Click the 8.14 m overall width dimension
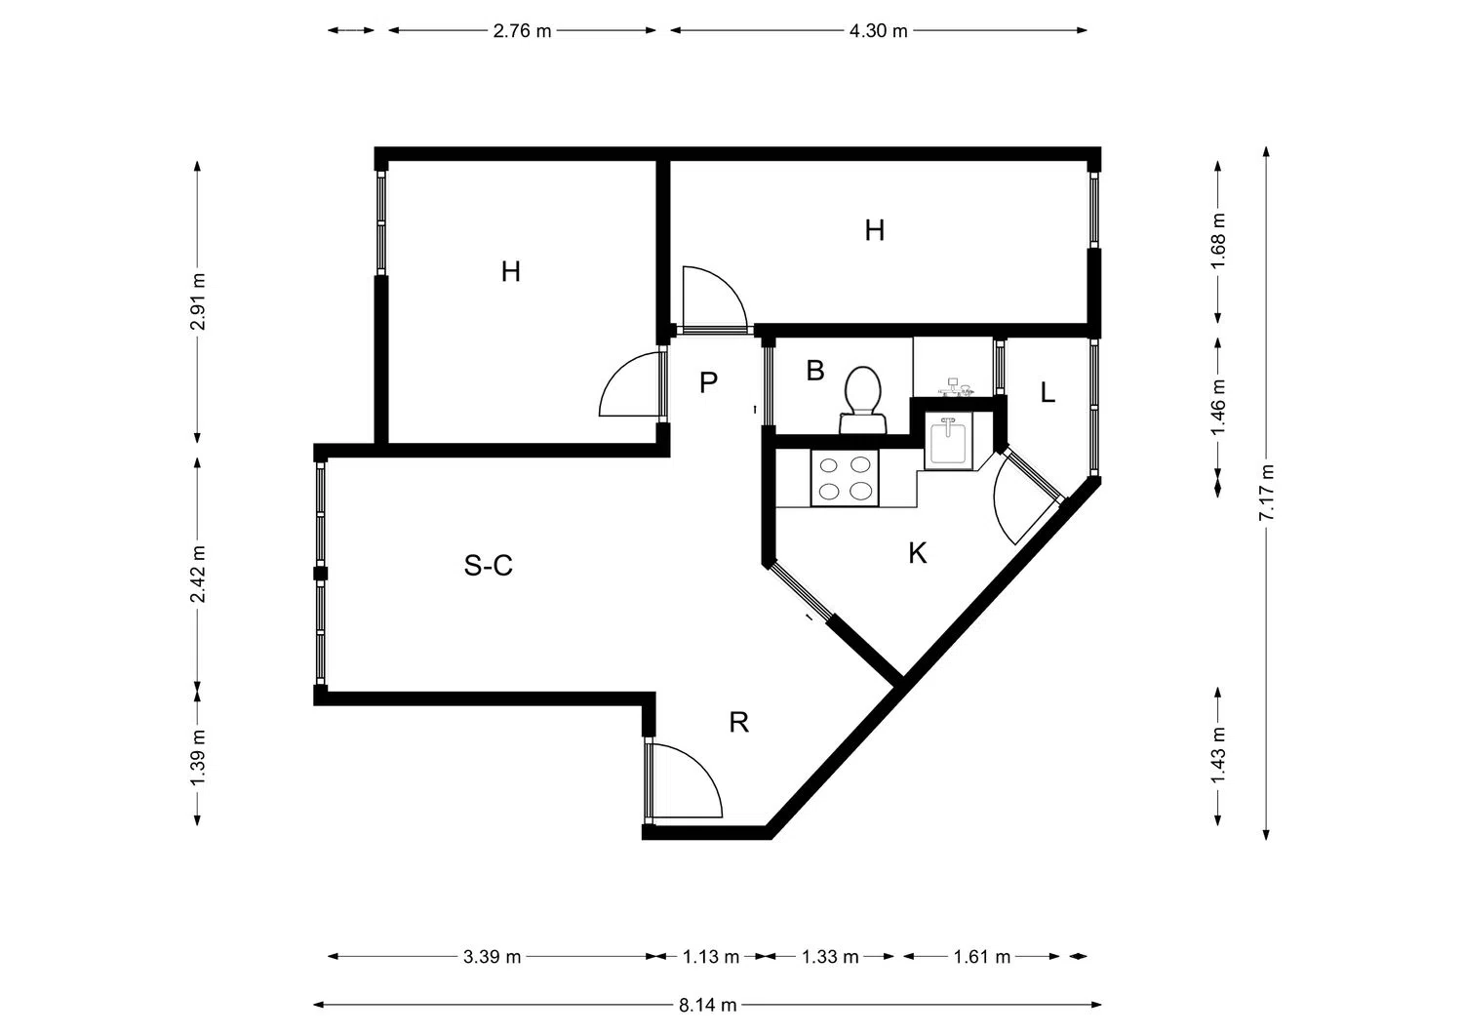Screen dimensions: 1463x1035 pos(707,1005)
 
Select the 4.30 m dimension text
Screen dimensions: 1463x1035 pos(879,30)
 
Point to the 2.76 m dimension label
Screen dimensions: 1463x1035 pos(522,30)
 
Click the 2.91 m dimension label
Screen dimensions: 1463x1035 pos(197,301)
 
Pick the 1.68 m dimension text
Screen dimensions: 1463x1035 pos(1218,240)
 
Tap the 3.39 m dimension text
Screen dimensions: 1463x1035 pos(492,957)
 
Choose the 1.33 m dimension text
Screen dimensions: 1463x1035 pos(829,957)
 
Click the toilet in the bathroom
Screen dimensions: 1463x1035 pos(863,399)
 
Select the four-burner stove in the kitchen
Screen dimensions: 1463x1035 pos(846,478)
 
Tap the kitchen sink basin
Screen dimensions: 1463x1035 pos(948,440)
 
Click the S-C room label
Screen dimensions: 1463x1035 pos(488,565)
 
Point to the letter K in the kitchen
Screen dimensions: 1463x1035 pos(917,553)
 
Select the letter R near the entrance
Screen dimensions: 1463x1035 pos(738,723)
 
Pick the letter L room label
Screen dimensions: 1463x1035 pos(1047,393)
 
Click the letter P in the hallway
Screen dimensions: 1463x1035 pos(708,382)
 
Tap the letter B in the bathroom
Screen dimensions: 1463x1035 pos(815,371)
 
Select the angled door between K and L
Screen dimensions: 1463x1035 pos(1026,496)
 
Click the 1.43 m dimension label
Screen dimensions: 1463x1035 pos(1218,755)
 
